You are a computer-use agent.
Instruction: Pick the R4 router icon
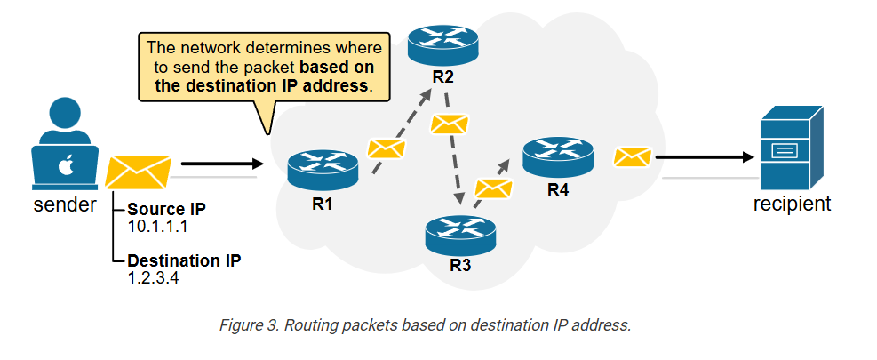pyautogui.click(x=558, y=156)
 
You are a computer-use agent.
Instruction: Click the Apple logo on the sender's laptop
pyautogui.click(x=65, y=165)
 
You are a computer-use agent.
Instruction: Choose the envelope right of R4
pyautogui.click(x=632, y=157)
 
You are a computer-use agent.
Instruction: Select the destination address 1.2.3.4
pyautogui.click(x=154, y=277)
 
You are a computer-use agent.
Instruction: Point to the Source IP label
pyautogui.click(x=169, y=211)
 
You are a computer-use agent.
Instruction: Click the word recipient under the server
pyautogui.click(x=792, y=204)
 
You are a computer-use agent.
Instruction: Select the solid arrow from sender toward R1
pyautogui.click(x=222, y=164)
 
